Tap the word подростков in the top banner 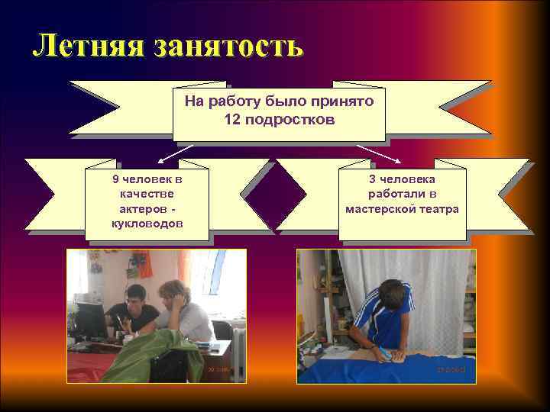(290, 120)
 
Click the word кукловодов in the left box (147, 223)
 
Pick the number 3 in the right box (372, 179)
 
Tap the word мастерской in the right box (383, 208)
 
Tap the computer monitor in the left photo (90, 319)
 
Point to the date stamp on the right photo (451, 369)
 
